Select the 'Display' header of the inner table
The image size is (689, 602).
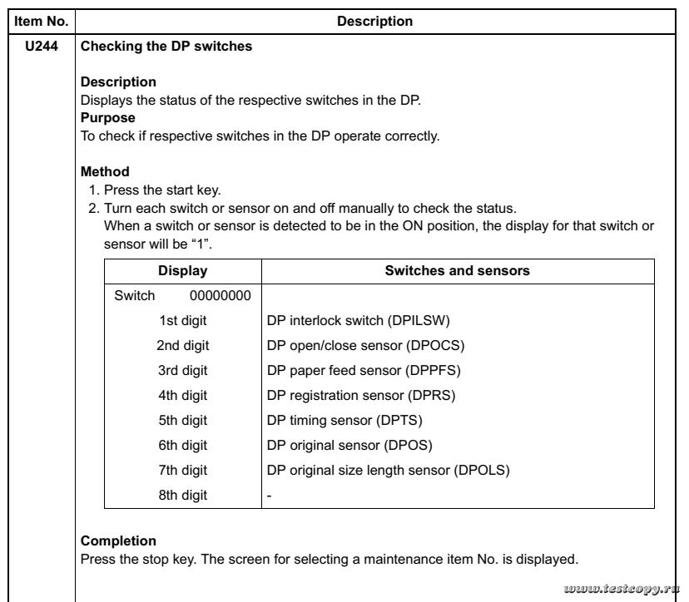pyautogui.click(x=183, y=270)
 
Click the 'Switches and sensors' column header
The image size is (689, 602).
pyautogui.click(x=458, y=270)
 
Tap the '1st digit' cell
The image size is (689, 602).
pyautogui.click(x=183, y=320)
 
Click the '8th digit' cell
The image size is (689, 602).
pyautogui.click(x=183, y=496)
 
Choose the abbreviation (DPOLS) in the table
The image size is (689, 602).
pyautogui.click(x=482, y=471)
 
